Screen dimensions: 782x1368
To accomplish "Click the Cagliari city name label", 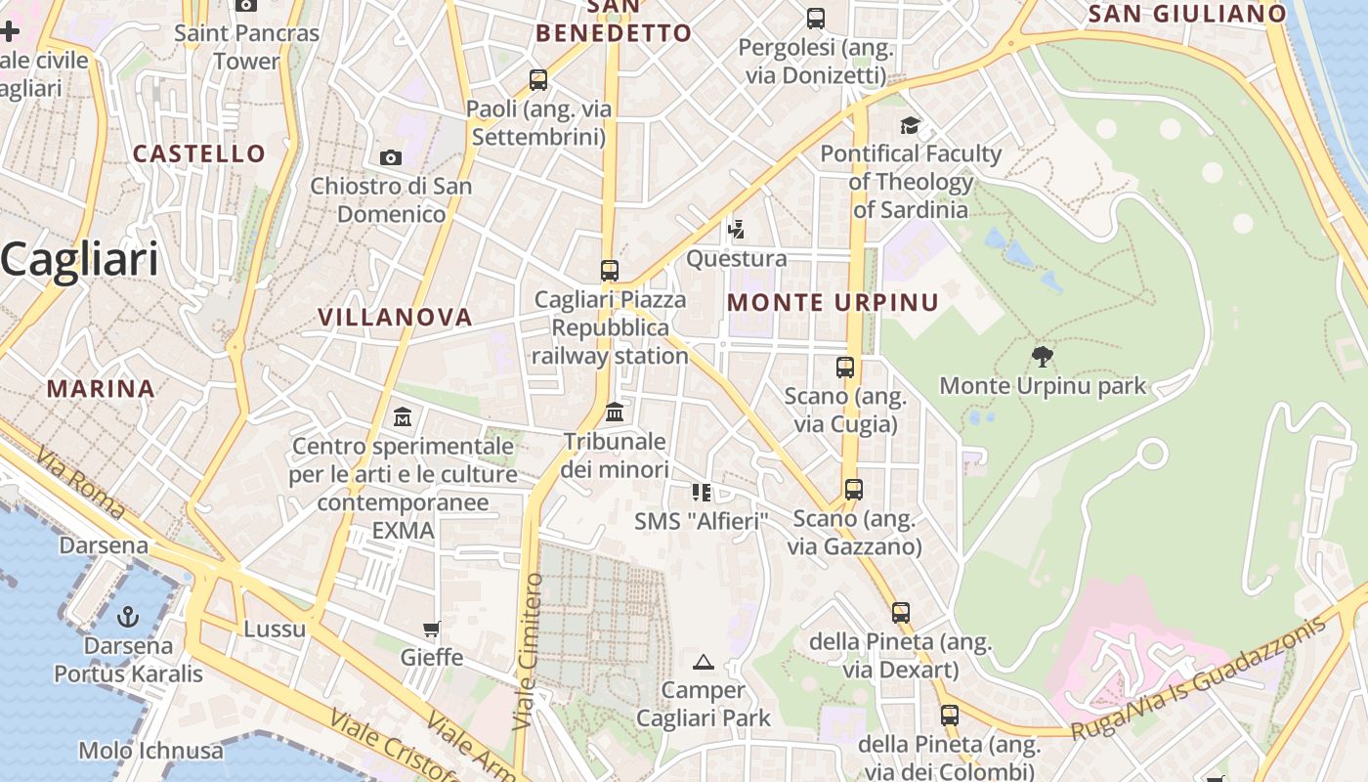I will click(x=80, y=260).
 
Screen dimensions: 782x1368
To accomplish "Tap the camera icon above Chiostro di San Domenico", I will click(x=390, y=157).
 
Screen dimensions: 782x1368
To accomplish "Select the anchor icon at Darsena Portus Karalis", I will click(x=128, y=617).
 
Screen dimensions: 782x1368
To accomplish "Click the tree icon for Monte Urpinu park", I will click(x=1043, y=356).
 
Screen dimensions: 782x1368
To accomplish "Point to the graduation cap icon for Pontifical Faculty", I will click(x=911, y=125).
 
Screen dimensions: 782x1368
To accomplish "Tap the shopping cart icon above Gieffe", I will click(x=431, y=628).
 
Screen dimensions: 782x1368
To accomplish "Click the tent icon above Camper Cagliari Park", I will click(x=704, y=662).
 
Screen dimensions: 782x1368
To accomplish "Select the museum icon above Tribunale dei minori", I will click(x=615, y=413).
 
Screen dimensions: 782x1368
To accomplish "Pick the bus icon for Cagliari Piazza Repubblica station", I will click(x=610, y=270).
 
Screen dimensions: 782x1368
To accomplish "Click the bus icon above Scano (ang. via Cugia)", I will click(x=845, y=368).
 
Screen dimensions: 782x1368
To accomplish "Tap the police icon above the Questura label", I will click(x=736, y=230).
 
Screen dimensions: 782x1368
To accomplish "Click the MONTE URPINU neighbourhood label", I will click(x=833, y=302).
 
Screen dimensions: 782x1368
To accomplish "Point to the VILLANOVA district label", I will click(x=395, y=317).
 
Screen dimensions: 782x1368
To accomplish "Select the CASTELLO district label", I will click(x=198, y=153).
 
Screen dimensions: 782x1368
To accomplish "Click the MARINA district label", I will click(x=101, y=388).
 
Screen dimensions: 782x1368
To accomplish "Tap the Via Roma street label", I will click(x=82, y=484).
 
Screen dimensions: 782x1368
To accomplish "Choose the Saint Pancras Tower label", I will click(x=246, y=47).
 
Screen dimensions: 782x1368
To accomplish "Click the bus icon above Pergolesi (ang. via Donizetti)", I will click(x=815, y=19).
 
